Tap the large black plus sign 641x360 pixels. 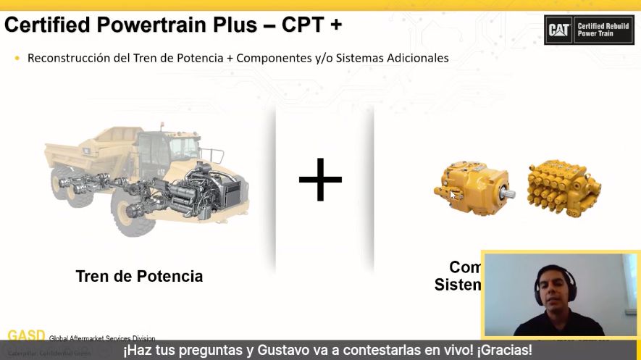(320, 177)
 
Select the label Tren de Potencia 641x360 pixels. (139, 276)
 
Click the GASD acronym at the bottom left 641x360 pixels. (26, 336)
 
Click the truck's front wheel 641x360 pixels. (130, 214)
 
